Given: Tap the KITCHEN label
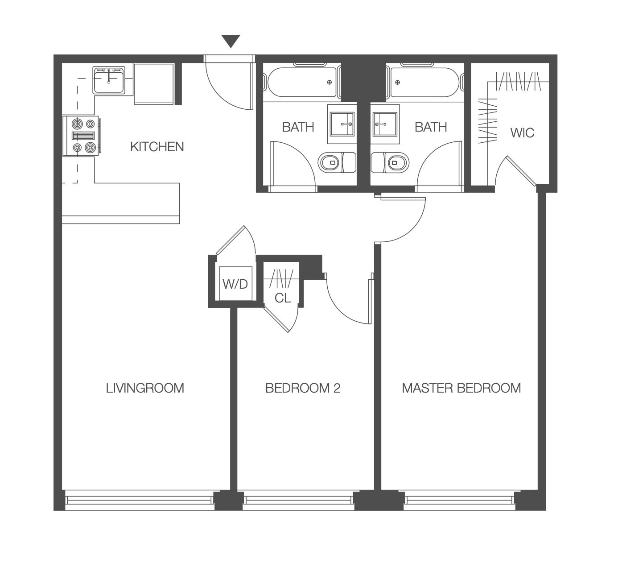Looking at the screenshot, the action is (x=157, y=147).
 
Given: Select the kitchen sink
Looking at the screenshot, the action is (x=109, y=80).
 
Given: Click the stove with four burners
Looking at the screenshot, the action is (x=82, y=136).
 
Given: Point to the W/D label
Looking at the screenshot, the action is (x=235, y=284).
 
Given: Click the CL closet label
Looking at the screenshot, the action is (x=283, y=298).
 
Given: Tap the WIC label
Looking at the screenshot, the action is (x=522, y=133).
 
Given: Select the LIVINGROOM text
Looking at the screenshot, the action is (x=145, y=388).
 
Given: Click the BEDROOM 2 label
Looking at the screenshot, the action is (x=303, y=388).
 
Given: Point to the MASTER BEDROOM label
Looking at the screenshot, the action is (x=461, y=388).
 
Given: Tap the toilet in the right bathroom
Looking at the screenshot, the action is (x=390, y=163).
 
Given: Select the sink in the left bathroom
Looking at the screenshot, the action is (x=342, y=124).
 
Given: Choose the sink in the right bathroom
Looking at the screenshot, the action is (x=385, y=124).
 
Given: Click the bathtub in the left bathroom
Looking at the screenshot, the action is (x=302, y=82).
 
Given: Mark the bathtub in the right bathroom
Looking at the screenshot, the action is (x=425, y=82).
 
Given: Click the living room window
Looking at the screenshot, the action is (x=139, y=500).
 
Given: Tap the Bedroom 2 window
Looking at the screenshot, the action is (x=299, y=500).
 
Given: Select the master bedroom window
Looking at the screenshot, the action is (x=459, y=500).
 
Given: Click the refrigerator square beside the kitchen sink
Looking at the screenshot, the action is (x=154, y=84).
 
